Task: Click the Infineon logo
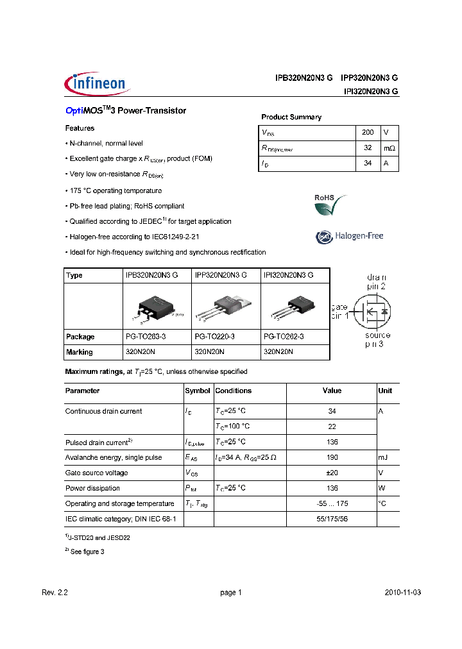pos(98,84)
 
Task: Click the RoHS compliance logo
pos(330,206)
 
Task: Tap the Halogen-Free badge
pos(349,236)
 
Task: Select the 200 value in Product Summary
pos(368,132)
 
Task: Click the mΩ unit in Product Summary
pos(389,148)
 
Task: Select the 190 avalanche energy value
pos(332,457)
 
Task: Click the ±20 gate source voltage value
pos(332,473)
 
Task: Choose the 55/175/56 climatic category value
pos(332,519)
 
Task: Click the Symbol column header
pos(198,391)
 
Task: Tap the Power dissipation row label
pos(92,488)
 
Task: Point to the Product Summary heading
pos(291,117)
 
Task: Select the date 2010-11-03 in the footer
pos(403,593)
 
